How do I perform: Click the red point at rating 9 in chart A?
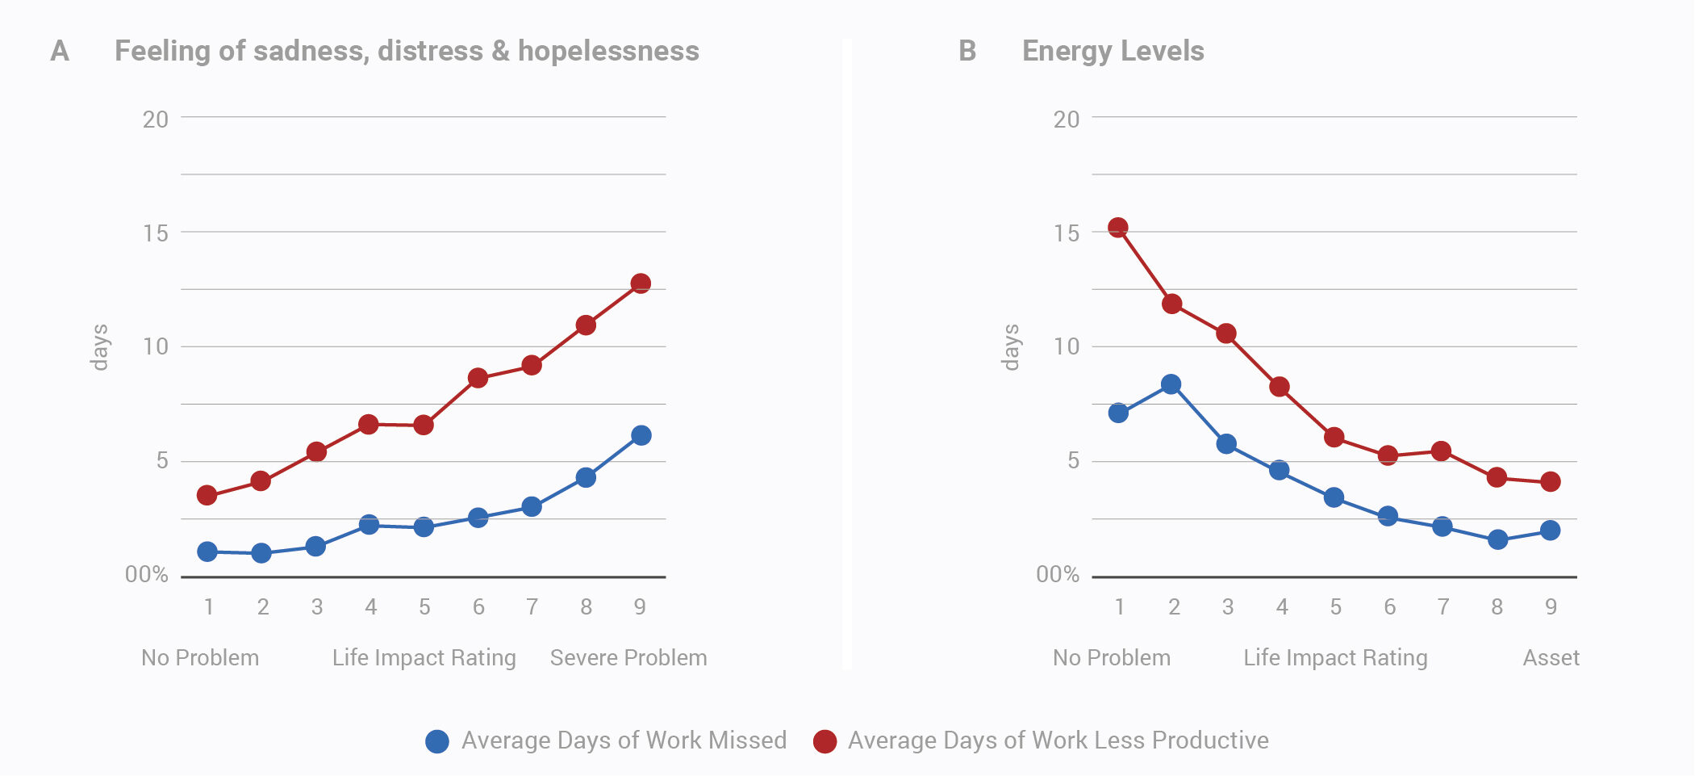[641, 283]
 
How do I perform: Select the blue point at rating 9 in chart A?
[641, 435]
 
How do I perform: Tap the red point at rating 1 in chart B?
[1117, 228]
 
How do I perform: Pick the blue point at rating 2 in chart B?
[1171, 384]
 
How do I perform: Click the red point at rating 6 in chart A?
[478, 378]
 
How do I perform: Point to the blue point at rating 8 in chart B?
[1497, 539]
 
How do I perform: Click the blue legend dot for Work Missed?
[437, 741]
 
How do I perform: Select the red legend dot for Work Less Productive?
[825, 741]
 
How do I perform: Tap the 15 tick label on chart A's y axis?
[156, 233]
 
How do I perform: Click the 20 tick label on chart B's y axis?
[1066, 120]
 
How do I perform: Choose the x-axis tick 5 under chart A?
[424, 606]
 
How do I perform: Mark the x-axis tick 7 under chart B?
[1443, 606]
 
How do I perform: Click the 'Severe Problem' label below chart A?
[628, 657]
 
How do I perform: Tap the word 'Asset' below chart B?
[1551, 657]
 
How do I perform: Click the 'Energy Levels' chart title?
[1113, 51]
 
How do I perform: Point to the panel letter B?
[967, 51]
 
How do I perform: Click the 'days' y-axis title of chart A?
[99, 347]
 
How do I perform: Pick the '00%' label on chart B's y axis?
[1058, 574]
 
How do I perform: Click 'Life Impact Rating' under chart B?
[1335, 657]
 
